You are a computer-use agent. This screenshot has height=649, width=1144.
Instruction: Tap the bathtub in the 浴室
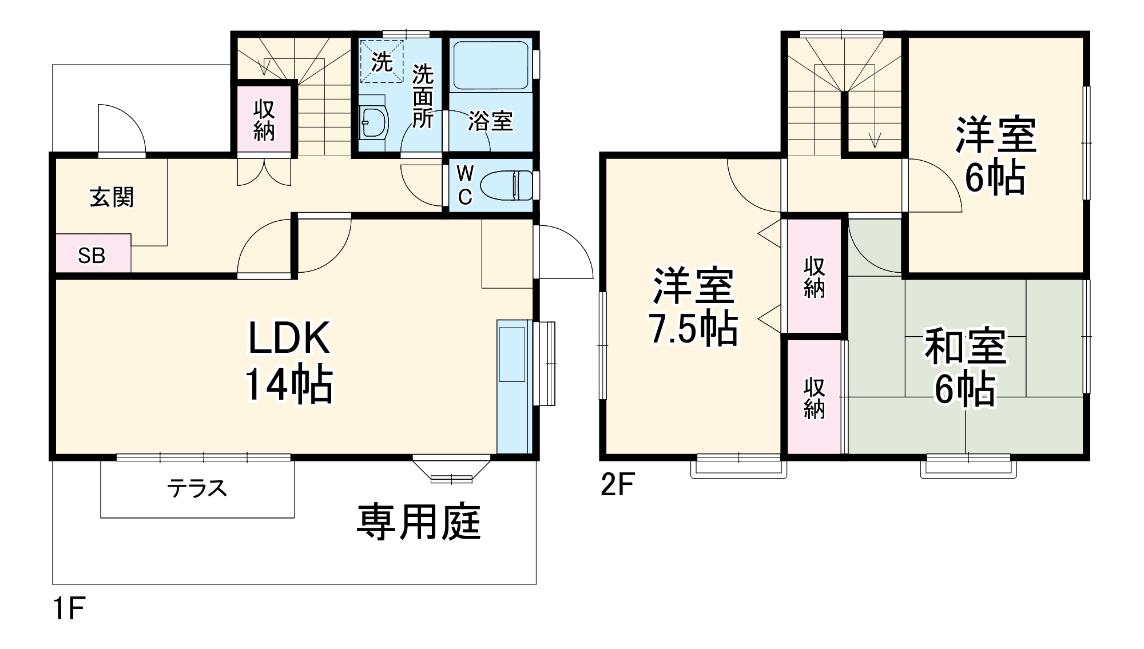[x=490, y=65]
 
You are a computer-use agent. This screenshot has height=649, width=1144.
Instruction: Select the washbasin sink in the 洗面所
[x=374, y=122]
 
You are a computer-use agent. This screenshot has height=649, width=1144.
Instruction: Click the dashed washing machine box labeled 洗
[x=382, y=61]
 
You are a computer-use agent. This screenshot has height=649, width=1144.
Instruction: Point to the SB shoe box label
[x=92, y=255]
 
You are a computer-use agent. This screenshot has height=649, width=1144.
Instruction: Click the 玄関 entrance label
[x=112, y=197]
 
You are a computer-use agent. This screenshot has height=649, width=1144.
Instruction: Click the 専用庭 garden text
[x=419, y=521]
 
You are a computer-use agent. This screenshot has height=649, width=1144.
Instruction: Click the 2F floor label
[x=617, y=485]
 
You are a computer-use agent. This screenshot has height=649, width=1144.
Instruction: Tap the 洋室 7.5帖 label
[x=693, y=307]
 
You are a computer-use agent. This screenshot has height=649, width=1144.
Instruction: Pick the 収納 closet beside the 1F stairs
[x=264, y=120]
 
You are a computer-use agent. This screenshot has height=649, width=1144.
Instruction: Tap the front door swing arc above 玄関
[x=121, y=129]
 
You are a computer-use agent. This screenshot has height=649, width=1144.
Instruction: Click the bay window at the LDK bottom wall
[x=451, y=469]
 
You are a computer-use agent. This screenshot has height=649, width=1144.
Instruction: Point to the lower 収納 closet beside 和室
[x=814, y=397]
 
